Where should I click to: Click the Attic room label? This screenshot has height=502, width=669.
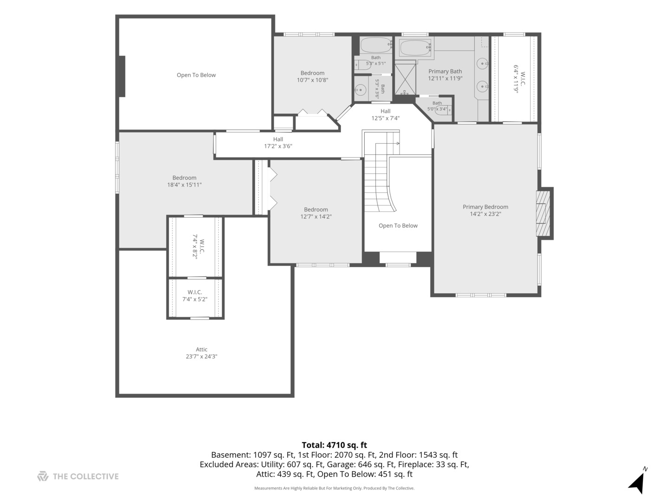[x=201, y=349]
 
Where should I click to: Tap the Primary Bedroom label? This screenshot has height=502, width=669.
[x=485, y=207]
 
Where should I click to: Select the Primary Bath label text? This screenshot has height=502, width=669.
[x=445, y=71]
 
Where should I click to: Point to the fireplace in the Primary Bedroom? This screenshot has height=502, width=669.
[x=544, y=213]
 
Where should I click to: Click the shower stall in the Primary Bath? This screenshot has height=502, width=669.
[x=406, y=79]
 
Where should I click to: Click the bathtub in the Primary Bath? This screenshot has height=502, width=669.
[x=415, y=48]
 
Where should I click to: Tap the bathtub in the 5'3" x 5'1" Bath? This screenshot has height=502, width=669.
[x=376, y=45]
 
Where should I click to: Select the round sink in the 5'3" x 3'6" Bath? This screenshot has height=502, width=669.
[x=361, y=90]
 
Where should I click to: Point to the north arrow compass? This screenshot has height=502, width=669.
[x=637, y=481]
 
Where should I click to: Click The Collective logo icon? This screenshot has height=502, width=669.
[x=43, y=476]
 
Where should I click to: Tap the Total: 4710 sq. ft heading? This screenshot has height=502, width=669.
[x=334, y=445]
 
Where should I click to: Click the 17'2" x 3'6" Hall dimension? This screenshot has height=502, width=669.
[x=278, y=146]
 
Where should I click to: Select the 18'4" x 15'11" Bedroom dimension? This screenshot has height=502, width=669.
[x=184, y=185]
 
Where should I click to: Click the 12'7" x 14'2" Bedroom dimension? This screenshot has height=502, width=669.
[x=316, y=217]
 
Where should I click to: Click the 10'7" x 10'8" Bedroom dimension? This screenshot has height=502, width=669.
[x=312, y=80]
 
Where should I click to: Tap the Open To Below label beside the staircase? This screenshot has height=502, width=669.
[x=398, y=225]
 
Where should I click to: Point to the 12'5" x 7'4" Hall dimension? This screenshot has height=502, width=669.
[x=385, y=118]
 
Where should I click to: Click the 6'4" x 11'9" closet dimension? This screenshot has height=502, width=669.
[x=516, y=79]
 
